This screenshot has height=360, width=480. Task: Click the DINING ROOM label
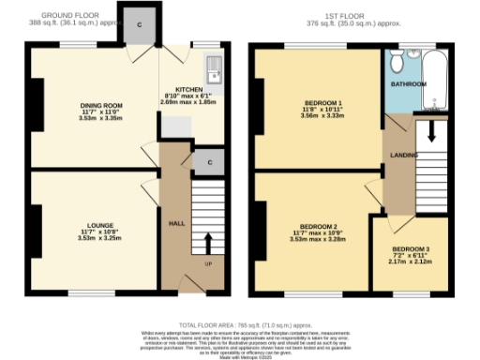coord(100,104)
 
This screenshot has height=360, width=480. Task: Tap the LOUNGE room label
coord(100,225)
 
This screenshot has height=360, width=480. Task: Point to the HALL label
coord(175,224)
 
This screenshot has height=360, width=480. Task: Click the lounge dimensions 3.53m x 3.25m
coord(100,238)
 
